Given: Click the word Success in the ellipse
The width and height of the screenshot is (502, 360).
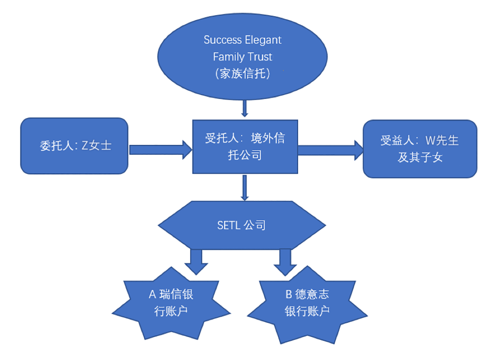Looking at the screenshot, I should [220, 40].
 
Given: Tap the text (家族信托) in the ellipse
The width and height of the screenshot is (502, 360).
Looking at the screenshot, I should [243, 73].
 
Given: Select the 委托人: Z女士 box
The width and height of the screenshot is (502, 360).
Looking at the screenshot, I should [74, 145].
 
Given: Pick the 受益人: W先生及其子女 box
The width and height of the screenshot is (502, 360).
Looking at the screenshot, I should [420, 149].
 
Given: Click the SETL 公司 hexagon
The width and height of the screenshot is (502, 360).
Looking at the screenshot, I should [242, 226].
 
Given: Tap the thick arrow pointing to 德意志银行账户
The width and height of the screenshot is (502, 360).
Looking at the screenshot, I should [284, 262].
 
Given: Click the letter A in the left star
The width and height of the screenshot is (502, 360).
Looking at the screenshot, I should [152, 295].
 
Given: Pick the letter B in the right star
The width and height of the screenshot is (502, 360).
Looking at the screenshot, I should [289, 295].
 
